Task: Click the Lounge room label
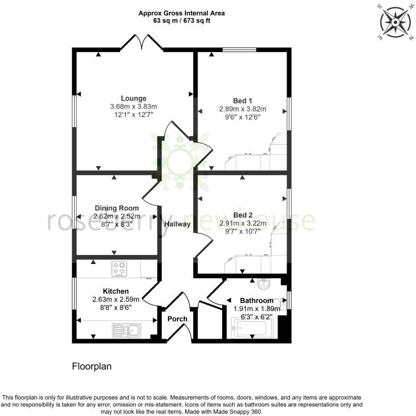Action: pos(133,98)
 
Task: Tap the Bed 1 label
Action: pos(242,100)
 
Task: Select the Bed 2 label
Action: pos(242,215)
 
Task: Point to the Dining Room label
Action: pos(116,208)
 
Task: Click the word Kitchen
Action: pos(116,291)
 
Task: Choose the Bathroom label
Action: pos(257,301)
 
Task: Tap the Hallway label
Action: pos(177,224)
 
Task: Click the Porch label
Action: pos(177,319)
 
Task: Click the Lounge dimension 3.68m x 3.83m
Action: pos(133,107)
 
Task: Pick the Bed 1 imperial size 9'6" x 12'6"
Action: pos(242,117)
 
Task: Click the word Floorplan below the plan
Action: pos(92,366)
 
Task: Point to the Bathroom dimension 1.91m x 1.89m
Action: pos(257,309)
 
